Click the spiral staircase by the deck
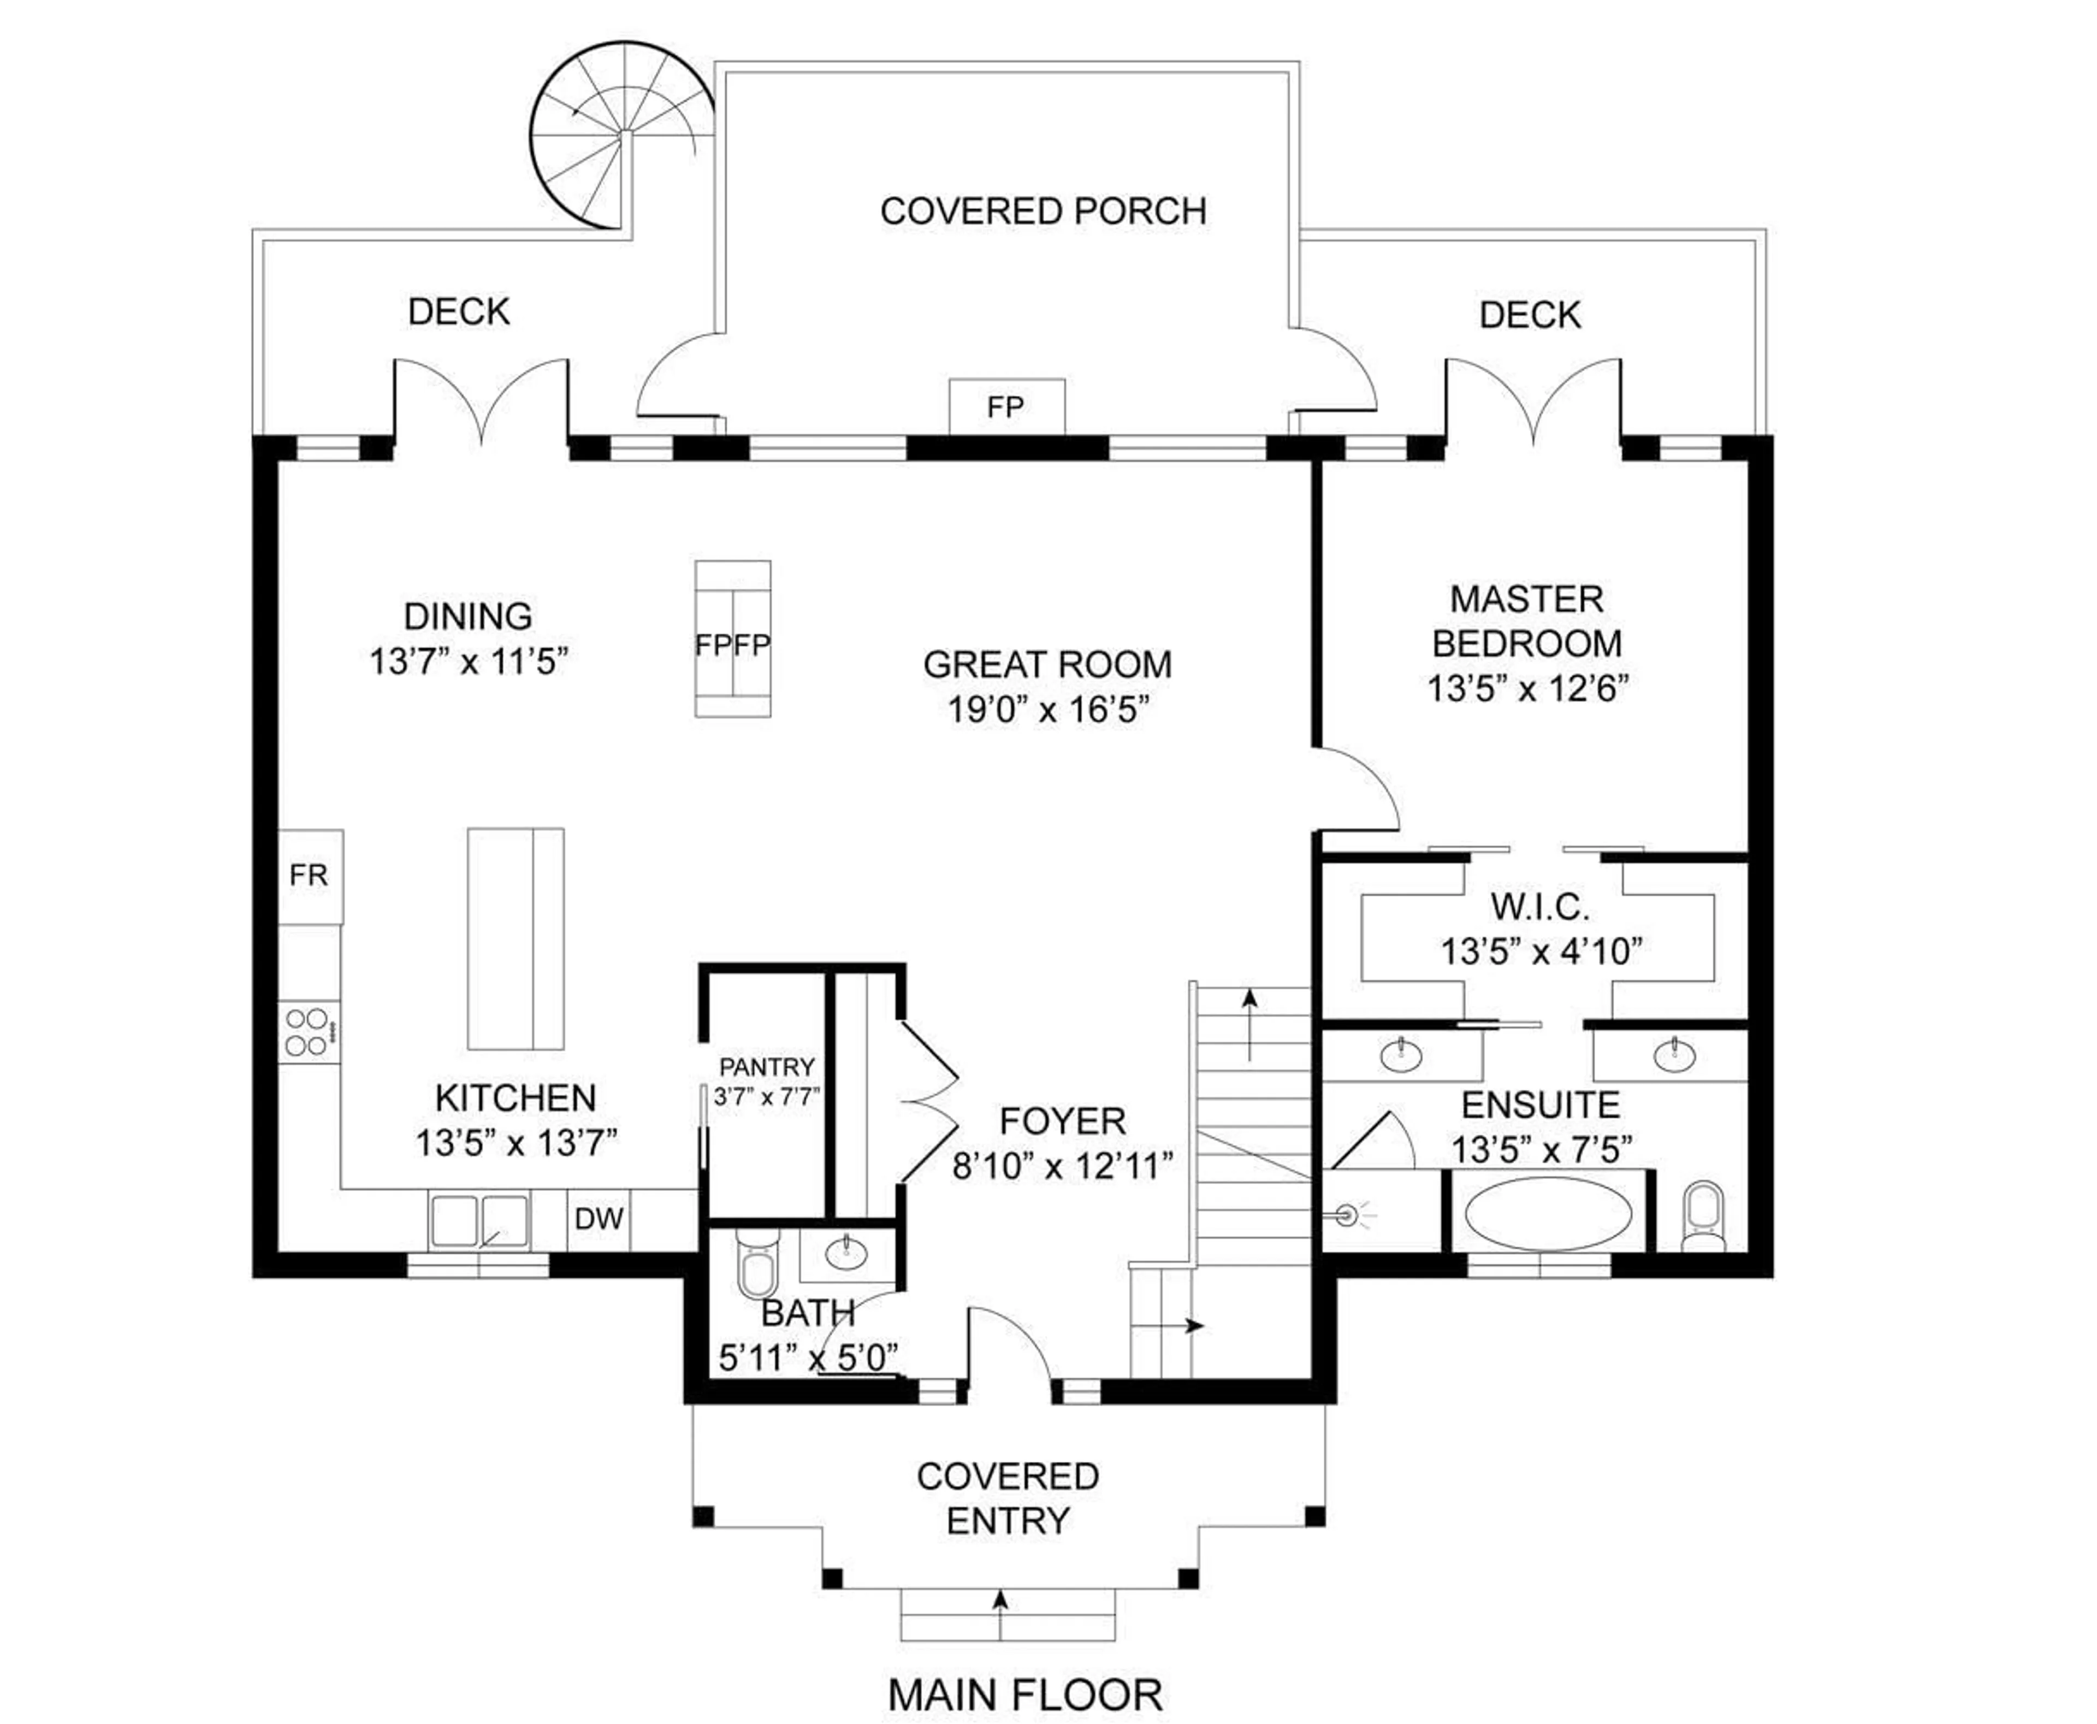tap(620, 134)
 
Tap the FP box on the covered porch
tap(1006, 406)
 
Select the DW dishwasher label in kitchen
tap(599, 1219)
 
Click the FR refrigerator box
tap(309, 875)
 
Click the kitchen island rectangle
tap(516, 938)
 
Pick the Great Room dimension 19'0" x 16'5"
tap(1047, 710)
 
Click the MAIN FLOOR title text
tap(1024, 1694)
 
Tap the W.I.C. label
tap(1540, 907)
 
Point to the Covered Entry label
tap(1007, 1498)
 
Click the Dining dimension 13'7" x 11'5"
tap(469, 662)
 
